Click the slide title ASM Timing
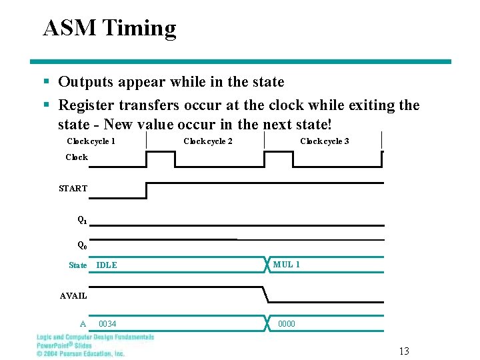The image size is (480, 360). (x=109, y=28)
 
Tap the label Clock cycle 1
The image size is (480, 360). (x=91, y=141)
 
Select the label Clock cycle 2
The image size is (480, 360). (x=208, y=141)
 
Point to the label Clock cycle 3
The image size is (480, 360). (x=325, y=141)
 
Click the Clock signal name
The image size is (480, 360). (x=77, y=157)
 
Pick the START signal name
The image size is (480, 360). (x=73, y=188)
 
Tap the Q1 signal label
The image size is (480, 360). (x=82, y=219)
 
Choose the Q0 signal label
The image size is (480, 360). (x=82, y=244)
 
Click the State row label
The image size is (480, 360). (x=78, y=265)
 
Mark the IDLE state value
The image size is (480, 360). (x=107, y=265)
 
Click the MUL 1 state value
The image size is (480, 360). (x=287, y=265)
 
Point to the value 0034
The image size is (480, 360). (x=107, y=324)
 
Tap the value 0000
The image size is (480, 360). (x=287, y=324)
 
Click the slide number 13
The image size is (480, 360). (x=404, y=351)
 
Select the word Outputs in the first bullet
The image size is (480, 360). (x=85, y=82)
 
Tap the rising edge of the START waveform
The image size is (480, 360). (x=146, y=190)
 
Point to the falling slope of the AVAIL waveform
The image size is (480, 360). (x=265, y=294)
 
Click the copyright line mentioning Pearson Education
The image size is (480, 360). (x=80, y=353)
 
